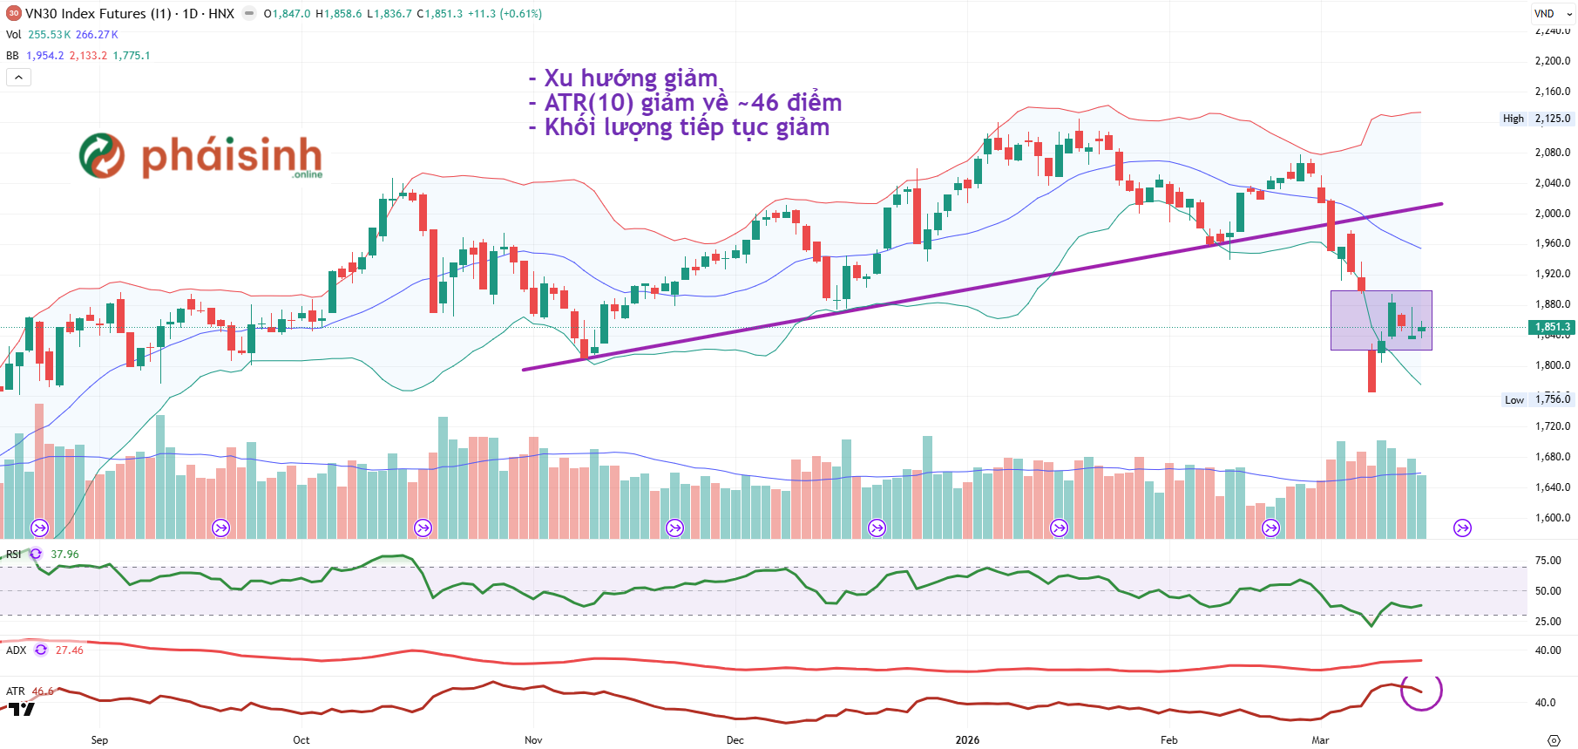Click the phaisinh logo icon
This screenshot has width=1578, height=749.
click(x=102, y=156)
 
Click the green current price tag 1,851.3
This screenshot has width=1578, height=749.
click(x=1551, y=327)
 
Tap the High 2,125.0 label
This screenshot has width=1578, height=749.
click(x=1538, y=119)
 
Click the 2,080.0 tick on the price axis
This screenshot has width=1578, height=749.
click(x=1552, y=152)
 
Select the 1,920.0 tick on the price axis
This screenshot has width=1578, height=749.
click(x=1552, y=274)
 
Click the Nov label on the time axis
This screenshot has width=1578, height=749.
click(x=533, y=739)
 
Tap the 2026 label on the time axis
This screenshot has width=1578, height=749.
click(x=967, y=739)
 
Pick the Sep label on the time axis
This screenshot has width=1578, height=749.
click(x=99, y=739)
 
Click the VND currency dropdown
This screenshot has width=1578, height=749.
click(x=1552, y=14)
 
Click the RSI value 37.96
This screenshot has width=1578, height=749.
click(x=64, y=555)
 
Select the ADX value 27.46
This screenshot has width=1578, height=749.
click(x=70, y=650)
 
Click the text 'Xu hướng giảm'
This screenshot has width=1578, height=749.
click(x=630, y=78)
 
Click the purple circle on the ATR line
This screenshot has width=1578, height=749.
click(x=1421, y=690)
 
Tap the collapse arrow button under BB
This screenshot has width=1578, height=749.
click(x=18, y=78)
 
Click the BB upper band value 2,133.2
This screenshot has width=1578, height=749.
click(x=88, y=56)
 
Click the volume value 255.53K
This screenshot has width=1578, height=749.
click(x=49, y=35)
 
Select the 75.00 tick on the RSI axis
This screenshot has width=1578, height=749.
click(x=1548, y=561)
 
